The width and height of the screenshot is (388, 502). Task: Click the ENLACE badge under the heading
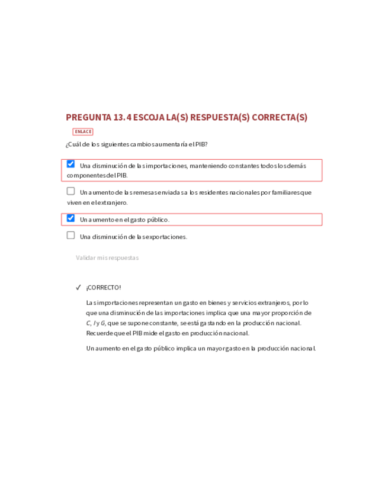click(83, 131)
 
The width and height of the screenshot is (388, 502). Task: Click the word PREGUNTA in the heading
click(88, 117)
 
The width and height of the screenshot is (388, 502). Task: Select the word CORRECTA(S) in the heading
click(280, 117)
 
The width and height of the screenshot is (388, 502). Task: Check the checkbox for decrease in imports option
click(71, 164)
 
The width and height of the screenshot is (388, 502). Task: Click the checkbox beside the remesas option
click(71, 191)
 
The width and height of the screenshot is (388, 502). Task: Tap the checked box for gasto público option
click(71, 218)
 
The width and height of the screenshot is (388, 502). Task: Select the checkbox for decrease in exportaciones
click(71, 236)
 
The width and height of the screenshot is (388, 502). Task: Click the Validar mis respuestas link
click(107, 258)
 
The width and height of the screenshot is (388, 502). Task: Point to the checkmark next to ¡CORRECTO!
click(78, 288)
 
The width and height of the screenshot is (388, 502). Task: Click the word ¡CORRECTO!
click(104, 288)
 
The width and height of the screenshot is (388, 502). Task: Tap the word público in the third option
click(157, 220)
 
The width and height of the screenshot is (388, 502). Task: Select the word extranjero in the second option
click(112, 202)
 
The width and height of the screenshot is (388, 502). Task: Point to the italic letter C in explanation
click(88, 323)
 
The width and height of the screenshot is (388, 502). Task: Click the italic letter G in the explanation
click(103, 323)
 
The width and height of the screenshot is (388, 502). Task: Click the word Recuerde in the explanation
click(99, 333)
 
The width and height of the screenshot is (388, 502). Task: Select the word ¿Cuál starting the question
click(73, 144)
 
